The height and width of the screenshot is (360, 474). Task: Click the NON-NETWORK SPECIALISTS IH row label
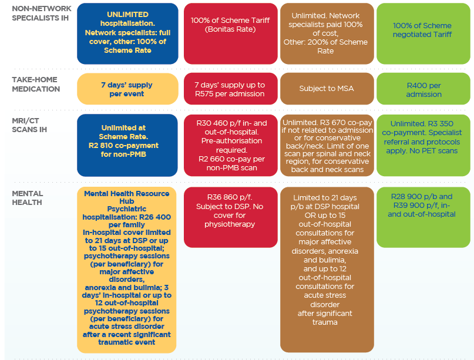point(42,14)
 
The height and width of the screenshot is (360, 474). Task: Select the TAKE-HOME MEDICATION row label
point(36,85)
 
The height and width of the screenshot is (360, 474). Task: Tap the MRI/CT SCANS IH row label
point(29,125)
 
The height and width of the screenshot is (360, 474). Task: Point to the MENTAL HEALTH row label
point(27,198)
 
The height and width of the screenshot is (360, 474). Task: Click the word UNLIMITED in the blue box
point(127,15)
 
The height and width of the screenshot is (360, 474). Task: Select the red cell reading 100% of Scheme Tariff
point(231,33)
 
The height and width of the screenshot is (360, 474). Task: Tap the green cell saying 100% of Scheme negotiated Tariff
point(423,33)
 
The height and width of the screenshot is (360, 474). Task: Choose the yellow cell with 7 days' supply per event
point(127,89)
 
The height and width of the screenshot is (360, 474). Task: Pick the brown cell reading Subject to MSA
point(327,89)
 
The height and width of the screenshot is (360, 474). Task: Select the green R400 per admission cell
point(423,89)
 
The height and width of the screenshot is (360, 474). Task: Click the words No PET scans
point(433,150)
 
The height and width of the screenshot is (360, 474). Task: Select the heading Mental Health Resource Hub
point(127,197)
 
